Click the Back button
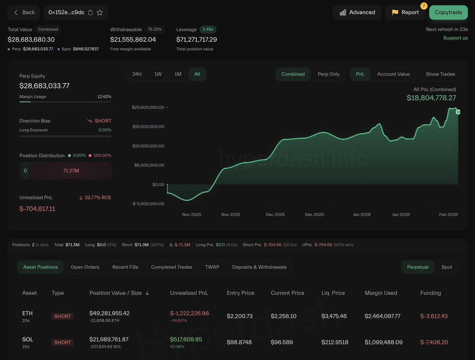pyautogui.click(x=24, y=12)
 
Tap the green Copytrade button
pyautogui.click(x=448, y=12)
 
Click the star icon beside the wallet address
pyautogui.click(x=100, y=12)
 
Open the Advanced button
pyautogui.click(x=357, y=12)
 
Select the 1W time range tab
pyautogui.click(x=158, y=74)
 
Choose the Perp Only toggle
pyautogui.click(x=328, y=74)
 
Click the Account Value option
pyautogui.click(x=393, y=74)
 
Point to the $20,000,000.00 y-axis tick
pyautogui.click(x=148, y=107)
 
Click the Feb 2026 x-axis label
pyautogui.click(x=448, y=214)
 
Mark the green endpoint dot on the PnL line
pyautogui.click(x=458, y=112)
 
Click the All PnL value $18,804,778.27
pyautogui.click(x=431, y=98)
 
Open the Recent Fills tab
pyautogui.click(x=125, y=267)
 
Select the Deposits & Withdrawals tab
pyautogui.click(x=259, y=267)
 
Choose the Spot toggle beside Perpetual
pyautogui.click(x=446, y=267)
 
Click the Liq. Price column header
pyautogui.click(x=333, y=293)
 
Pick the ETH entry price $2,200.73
pyautogui.click(x=240, y=316)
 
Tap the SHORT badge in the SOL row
pyautogui.click(x=63, y=343)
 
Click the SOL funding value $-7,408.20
pyautogui.click(x=434, y=342)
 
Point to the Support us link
pyautogui.click(x=455, y=38)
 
